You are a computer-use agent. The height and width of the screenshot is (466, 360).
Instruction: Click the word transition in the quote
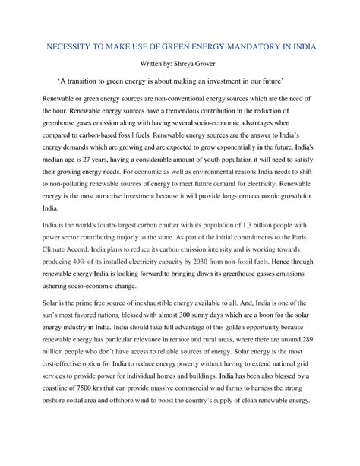pos(81,81)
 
